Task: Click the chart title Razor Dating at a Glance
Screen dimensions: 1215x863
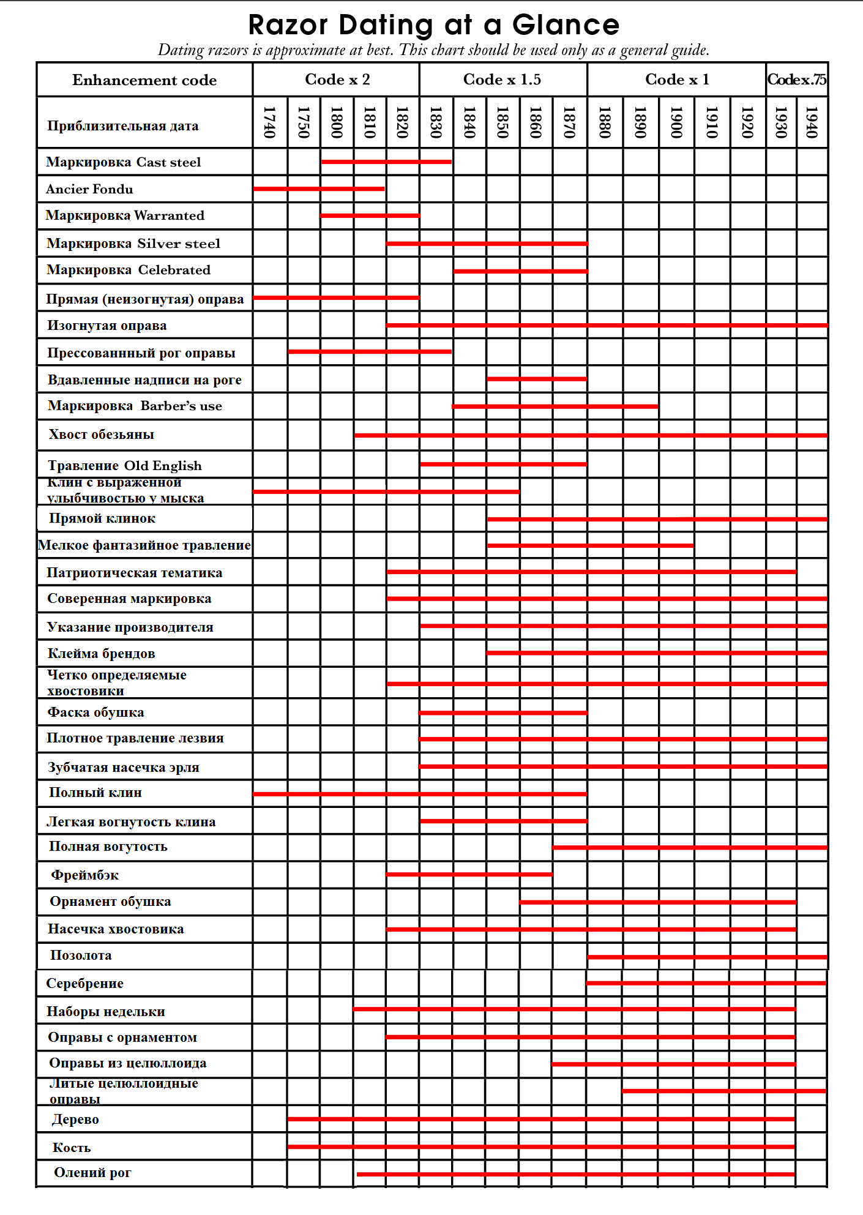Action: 433,25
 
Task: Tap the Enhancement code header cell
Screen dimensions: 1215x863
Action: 144,80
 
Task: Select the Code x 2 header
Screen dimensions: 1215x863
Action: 337,80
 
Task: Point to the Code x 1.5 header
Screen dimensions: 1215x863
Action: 502,80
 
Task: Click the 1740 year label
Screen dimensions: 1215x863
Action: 269,122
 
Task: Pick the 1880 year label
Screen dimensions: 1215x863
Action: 605,122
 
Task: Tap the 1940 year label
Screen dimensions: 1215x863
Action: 812,122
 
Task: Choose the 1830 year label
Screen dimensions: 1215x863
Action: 436,122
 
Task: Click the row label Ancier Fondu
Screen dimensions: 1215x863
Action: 89,189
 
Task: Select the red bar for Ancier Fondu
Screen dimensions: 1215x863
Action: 319,189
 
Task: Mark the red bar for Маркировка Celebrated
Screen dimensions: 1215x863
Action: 520,271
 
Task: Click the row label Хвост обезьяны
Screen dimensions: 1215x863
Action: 102,435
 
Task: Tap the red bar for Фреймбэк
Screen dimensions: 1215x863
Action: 469,875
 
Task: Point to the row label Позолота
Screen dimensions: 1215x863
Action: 81,955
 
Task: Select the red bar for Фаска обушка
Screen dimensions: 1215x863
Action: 503,713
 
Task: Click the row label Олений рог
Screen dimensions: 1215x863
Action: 92,1173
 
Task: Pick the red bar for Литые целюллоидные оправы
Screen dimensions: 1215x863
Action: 724,1091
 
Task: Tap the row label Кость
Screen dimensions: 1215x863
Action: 72,1148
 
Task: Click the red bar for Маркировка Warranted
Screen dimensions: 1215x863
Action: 370,215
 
